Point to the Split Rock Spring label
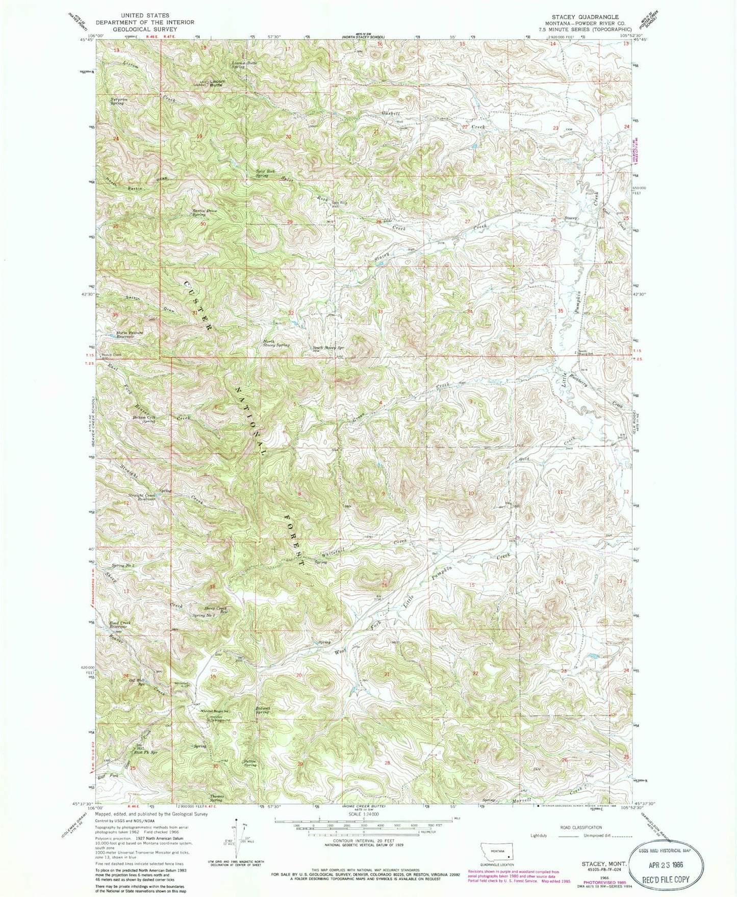coord(265,173)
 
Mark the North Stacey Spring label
coord(276,344)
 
